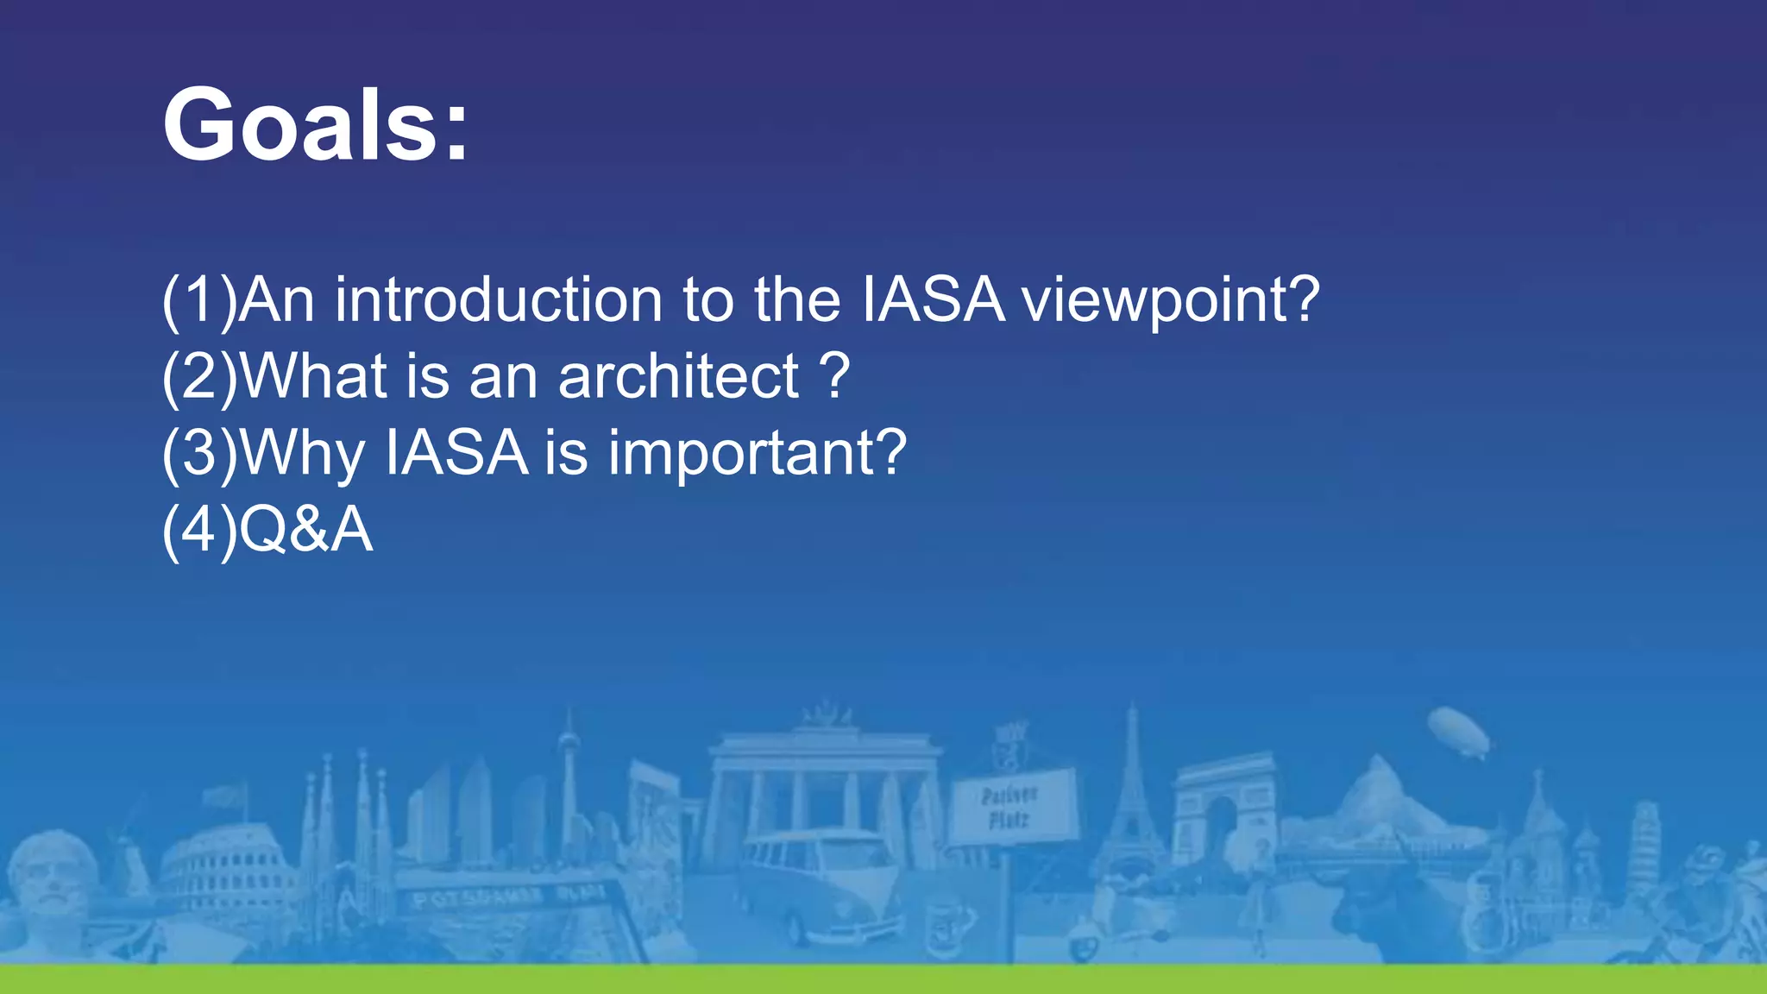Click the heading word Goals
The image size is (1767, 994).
pyautogui.click(x=315, y=125)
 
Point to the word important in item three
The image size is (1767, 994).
pyautogui.click(x=757, y=452)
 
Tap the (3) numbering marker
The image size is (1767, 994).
pyautogui.click(x=199, y=452)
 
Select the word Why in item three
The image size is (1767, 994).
pyautogui.click(x=303, y=452)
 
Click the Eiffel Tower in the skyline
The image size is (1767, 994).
pyautogui.click(x=1131, y=802)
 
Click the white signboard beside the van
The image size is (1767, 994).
pyautogui.click(x=1011, y=807)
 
